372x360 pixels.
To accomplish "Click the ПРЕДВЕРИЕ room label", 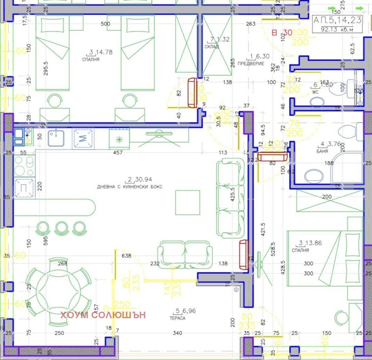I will coord(247,63).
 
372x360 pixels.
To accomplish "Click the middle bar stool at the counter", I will coord(62,228).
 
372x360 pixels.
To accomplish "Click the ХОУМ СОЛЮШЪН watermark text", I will coord(103,315).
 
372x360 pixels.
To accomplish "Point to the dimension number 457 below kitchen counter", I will coord(120,152).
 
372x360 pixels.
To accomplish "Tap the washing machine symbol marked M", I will coord(83,137).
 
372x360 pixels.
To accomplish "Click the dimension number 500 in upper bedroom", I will coord(105,24).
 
